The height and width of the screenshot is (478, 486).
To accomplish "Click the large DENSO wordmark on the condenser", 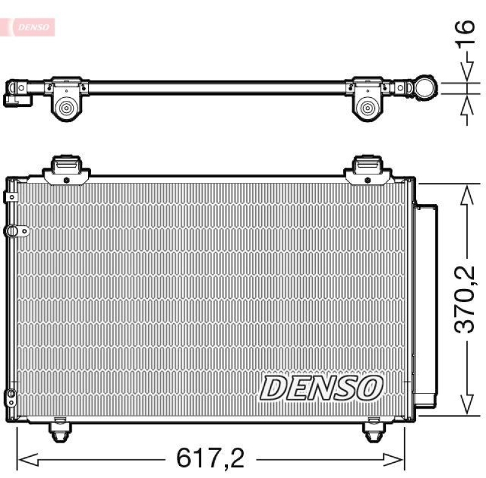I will point(322,388).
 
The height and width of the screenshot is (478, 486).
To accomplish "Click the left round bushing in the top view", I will point(65,109).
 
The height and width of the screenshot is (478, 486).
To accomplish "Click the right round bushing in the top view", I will point(366,109).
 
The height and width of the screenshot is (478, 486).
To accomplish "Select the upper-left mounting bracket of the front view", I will point(66,168).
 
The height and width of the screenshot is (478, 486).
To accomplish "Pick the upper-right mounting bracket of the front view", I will point(368,168).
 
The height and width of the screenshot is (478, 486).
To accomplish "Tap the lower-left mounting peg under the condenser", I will point(59,430).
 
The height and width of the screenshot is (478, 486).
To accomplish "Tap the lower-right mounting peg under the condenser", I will point(373,430).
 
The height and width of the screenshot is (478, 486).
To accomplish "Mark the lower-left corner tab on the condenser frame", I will point(10,398).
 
